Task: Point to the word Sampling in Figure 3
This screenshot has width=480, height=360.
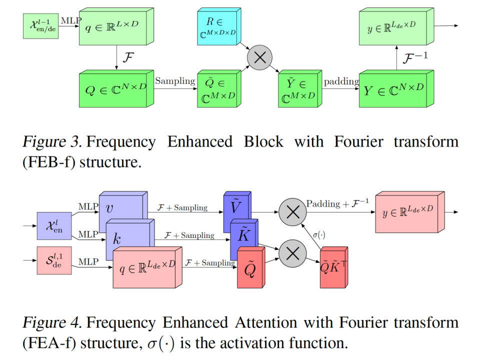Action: click(x=174, y=81)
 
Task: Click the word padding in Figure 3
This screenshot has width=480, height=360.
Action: click(x=341, y=81)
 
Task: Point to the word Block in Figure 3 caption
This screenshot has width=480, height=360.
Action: click(x=263, y=141)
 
